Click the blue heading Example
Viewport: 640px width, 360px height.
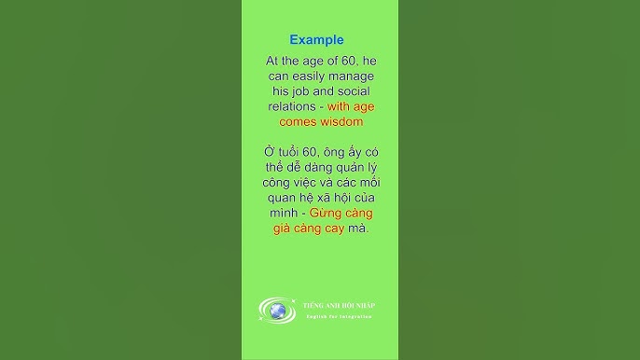coord(316,40)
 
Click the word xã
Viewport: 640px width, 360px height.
coord(325,197)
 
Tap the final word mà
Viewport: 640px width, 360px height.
coord(358,228)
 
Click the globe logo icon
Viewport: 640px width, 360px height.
coord(277,311)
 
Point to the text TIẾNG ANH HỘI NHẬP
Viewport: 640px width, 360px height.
coord(339,306)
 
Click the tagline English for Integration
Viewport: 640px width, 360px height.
coord(340,317)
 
